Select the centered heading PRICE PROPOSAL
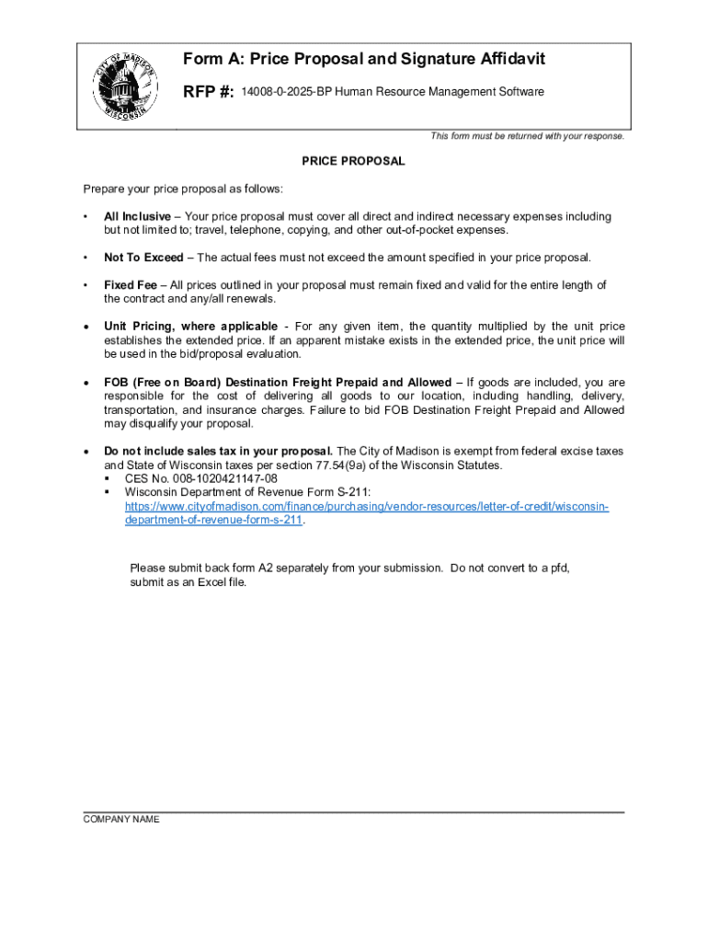click(x=353, y=161)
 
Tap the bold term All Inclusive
click(x=137, y=217)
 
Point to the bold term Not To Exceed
click(x=143, y=258)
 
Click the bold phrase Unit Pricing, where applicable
click(x=190, y=327)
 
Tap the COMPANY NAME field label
click(x=121, y=820)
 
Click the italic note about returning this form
click(x=527, y=136)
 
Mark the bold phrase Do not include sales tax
click(x=218, y=452)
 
